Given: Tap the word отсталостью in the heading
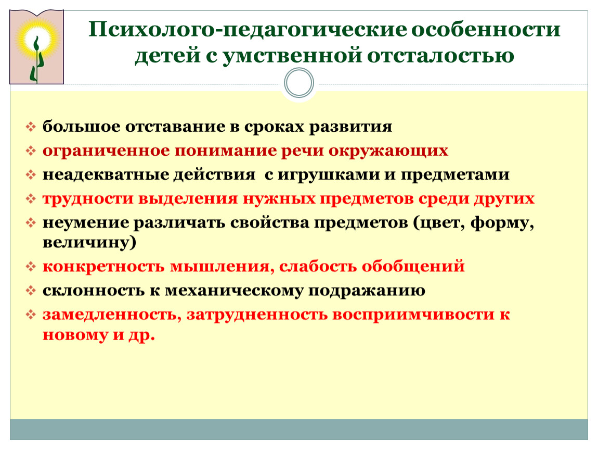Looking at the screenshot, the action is pyautogui.click(x=440, y=55).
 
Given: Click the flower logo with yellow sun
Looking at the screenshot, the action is pyautogui.click(x=36, y=47).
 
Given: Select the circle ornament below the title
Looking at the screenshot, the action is pyautogui.click(x=299, y=82).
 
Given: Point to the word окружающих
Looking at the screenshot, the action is pyautogui.click(x=388, y=151).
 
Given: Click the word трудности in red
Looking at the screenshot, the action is pyautogui.click(x=87, y=199).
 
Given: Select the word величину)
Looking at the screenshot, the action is pyautogui.click(x=89, y=243).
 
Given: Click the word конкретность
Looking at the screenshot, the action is pyautogui.click(x=103, y=266).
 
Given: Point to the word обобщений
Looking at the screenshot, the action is pyautogui.click(x=413, y=266).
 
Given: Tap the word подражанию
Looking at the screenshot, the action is pyautogui.click(x=367, y=291).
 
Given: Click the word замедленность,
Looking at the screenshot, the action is pyautogui.click(x=111, y=315).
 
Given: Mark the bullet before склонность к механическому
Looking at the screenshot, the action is pyautogui.click(x=31, y=291).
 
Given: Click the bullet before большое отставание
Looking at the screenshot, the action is pyautogui.click(x=31, y=127).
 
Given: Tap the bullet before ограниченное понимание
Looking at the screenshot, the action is pyautogui.click(x=31, y=151).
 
